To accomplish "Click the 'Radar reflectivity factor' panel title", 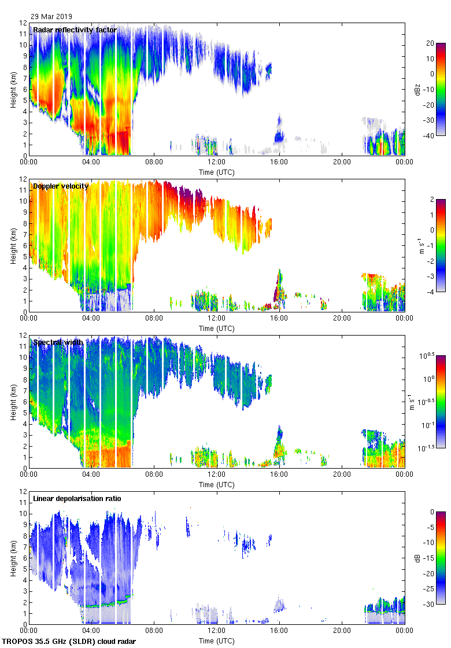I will [75, 30].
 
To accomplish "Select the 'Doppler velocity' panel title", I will [61, 186].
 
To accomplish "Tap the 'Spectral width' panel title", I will [58, 343].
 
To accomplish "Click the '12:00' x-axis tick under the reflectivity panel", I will [216, 163].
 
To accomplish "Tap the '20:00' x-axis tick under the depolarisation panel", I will [342, 631].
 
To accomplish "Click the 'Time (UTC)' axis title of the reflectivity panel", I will [216, 172].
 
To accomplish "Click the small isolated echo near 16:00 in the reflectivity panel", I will [279, 137].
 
